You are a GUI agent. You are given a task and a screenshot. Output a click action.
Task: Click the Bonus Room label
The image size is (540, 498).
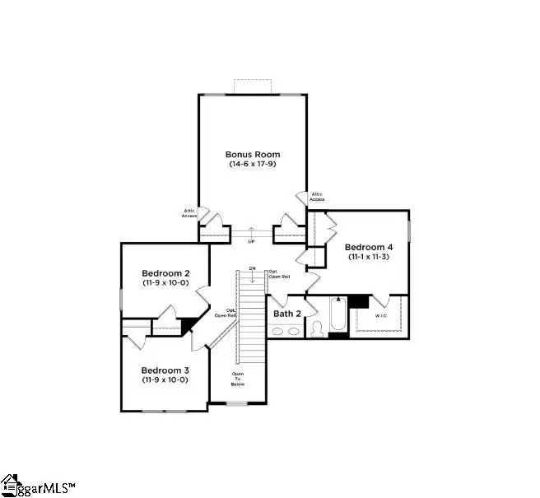coord(253,154)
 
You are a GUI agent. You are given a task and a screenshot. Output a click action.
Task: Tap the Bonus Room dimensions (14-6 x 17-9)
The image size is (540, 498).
coord(253,165)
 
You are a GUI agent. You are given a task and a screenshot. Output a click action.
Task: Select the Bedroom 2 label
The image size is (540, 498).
coord(165,273)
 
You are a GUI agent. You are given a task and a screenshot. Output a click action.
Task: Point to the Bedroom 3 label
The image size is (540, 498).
coord(165,370)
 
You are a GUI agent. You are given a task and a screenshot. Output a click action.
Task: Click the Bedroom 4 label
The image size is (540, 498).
coord(368,247)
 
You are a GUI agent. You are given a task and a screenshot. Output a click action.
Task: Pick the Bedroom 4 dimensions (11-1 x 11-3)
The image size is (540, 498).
coord(368,258)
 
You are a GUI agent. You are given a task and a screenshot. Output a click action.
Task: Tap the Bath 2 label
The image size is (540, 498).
coord(288,314)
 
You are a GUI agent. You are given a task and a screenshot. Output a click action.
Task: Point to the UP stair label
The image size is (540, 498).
coord(252,241)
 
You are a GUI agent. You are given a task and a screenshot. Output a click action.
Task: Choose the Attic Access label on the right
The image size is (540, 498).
coord(317,197)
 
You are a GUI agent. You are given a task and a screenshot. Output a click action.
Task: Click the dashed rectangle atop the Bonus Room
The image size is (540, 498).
coord(253,86)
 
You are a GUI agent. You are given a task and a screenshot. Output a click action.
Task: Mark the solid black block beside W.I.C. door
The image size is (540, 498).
coord(358,300)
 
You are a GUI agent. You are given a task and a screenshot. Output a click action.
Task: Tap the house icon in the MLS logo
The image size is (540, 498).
coord(10,485)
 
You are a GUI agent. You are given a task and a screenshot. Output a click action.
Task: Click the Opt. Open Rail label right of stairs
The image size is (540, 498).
coord(278,274)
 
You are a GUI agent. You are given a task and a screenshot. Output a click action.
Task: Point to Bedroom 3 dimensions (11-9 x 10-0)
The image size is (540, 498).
coord(165,380)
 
